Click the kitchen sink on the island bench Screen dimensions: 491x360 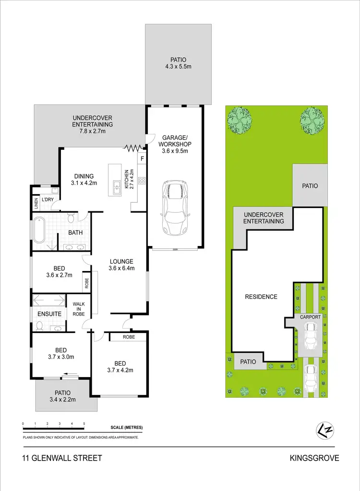pyautogui.click(x=116, y=187)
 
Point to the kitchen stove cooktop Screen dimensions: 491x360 pyautogui.click(x=142, y=181)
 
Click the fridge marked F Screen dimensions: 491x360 pyautogui.click(x=142, y=158)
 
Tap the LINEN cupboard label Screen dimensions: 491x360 pyautogui.click(x=36, y=204)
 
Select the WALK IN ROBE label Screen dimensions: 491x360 pyautogui.click(x=79, y=309)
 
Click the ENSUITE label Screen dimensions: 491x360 pyautogui.click(x=49, y=314)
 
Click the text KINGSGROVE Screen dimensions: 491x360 pyautogui.click(x=314, y=458)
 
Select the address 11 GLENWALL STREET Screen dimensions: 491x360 pyautogui.click(x=62, y=458)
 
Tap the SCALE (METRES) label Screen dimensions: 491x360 pyautogui.click(x=126, y=428)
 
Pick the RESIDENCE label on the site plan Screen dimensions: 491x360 pyautogui.click(x=261, y=296)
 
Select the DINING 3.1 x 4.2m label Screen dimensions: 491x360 pyautogui.click(x=84, y=179)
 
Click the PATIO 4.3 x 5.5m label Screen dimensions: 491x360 pyautogui.click(x=178, y=63)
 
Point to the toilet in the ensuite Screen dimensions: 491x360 pyautogui.click(x=40, y=326)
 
